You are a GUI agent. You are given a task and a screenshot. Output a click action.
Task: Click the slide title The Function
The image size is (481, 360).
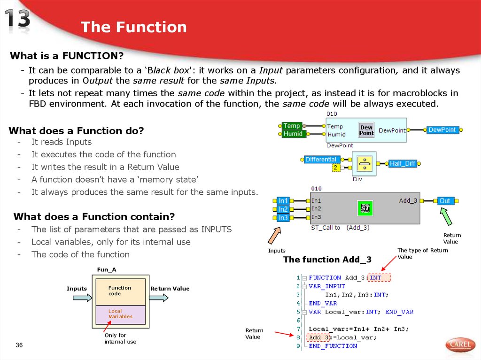133,27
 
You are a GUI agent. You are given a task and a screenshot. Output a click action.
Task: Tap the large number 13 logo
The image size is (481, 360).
18,19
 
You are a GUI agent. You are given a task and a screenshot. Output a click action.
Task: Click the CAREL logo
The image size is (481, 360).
460,345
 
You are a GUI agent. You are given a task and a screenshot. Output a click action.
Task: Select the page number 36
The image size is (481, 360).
19,345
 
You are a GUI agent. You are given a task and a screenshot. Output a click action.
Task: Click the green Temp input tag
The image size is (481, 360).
292,126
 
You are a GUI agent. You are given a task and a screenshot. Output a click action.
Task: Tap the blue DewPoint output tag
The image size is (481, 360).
442,130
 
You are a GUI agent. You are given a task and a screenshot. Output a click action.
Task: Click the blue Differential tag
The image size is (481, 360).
321,160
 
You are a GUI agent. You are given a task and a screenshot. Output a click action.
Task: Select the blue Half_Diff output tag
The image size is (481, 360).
403,163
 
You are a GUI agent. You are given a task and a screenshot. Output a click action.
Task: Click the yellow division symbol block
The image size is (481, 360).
364,163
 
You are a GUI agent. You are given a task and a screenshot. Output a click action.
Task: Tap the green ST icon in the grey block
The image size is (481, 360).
365,208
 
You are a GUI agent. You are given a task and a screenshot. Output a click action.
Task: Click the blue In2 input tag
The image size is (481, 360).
283,209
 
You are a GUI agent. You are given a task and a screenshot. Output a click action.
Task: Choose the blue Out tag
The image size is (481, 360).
444,201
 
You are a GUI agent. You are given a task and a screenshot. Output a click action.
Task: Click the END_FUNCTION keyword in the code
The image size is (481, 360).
333,346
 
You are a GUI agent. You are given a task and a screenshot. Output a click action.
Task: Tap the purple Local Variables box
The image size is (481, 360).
120,314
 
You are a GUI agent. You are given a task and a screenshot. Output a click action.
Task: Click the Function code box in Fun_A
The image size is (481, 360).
120,291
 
